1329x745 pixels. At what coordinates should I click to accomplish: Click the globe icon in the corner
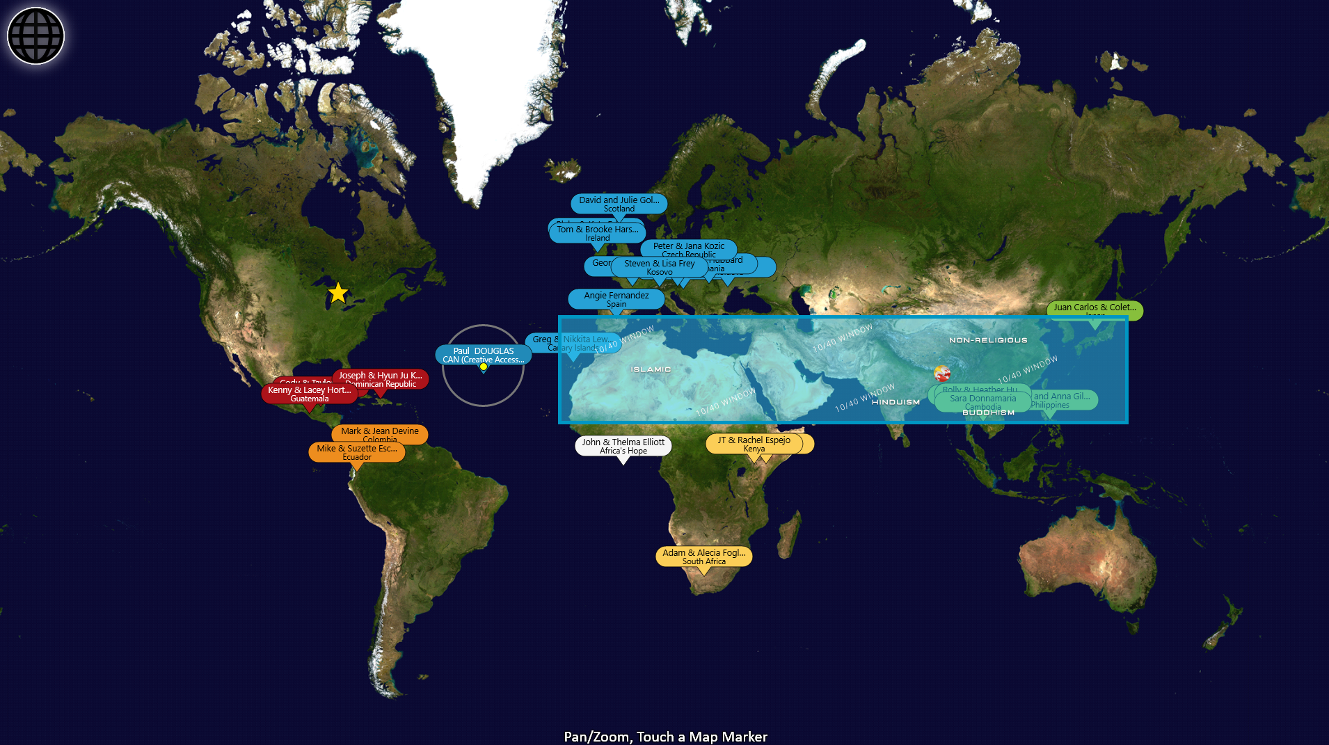click(35, 35)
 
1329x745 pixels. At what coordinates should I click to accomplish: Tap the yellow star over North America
click(337, 293)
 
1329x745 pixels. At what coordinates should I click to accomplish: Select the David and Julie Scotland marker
click(619, 204)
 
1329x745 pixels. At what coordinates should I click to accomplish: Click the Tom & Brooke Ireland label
click(597, 233)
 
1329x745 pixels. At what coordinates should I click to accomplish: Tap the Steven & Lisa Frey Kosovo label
click(659, 267)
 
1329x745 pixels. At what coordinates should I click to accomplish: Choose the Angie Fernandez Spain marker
click(616, 299)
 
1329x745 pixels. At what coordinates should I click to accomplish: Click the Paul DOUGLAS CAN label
click(483, 355)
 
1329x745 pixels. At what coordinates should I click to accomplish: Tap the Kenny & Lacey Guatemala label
click(309, 394)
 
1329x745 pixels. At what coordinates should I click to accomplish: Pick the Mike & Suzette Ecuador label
click(356, 452)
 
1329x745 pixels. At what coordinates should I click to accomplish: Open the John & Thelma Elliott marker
click(623, 446)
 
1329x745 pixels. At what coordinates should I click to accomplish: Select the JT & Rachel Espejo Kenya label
click(754, 444)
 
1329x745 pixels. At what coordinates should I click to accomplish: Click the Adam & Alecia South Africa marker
click(703, 556)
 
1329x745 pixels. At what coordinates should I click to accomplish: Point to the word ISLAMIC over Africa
click(651, 369)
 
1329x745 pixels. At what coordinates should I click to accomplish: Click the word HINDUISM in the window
click(896, 402)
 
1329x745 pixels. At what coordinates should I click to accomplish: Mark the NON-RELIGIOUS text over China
click(988, 340)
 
